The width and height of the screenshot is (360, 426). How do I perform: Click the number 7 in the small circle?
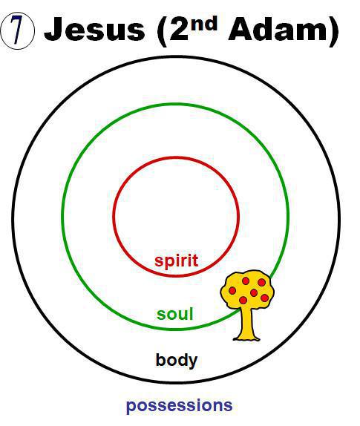[x=17, y=30]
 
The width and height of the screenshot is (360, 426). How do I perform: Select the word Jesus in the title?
[x=94, y=29]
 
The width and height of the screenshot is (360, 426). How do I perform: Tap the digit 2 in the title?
[x=179, y=30]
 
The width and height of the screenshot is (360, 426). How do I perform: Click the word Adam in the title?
[x=277, y=29]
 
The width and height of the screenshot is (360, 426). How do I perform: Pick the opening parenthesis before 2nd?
[x=161, y=30]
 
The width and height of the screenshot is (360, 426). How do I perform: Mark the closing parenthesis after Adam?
[x=333, y=30]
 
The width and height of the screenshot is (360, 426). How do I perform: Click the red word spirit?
[x=177, y=260]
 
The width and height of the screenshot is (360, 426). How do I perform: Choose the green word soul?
[x=175, y=314]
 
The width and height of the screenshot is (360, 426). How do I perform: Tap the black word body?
[x=177, y=361]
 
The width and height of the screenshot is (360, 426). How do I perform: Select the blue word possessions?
[x=180, y=406]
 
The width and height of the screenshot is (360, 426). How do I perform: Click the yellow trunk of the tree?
[x=247, y=324]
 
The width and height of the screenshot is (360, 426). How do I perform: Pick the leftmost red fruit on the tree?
[x=232, y=290]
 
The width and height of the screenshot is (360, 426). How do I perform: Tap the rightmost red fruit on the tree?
[x=265, y=298]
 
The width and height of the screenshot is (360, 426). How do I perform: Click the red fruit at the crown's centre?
[x=254, y=292]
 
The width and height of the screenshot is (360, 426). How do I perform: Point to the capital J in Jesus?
[x=53, y=29]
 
